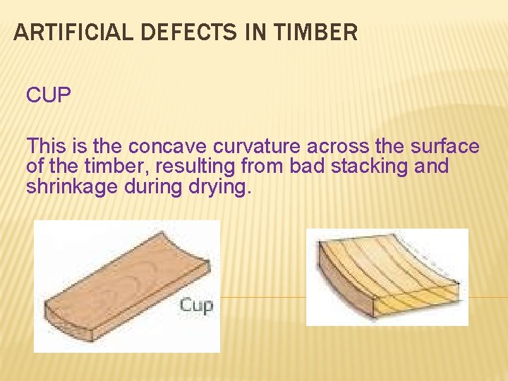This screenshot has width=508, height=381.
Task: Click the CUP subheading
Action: [49, 95]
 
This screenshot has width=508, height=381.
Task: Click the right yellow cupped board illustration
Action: [388, 275]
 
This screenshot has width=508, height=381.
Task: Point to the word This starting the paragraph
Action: [47, 147]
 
